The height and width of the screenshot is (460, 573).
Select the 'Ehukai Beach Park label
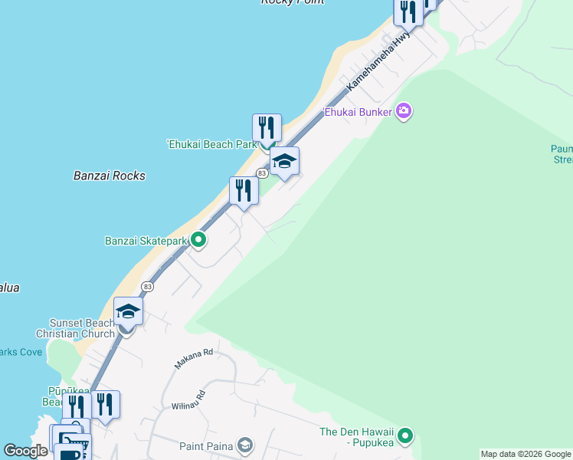click(x=211, y=144)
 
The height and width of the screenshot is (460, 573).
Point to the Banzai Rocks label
click(x=110, y=176)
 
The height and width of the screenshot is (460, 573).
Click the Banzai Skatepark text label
click(x=146, y=241)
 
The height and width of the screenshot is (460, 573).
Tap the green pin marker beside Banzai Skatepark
click(x=198, y=241)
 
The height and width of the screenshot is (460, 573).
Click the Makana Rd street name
click(x=192, y=358)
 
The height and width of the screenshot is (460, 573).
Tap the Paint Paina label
click(x=206, y=445)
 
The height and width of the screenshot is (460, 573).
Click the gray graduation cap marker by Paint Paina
click(x=244, y=445)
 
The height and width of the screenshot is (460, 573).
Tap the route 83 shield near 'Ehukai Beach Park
click(x=262, y=173)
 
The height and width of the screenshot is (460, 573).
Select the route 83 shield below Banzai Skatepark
click(x=148, y=286)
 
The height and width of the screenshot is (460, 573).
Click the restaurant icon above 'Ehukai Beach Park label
click(x=267, y=128)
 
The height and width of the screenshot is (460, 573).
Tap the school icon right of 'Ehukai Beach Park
click(x=284, y=161)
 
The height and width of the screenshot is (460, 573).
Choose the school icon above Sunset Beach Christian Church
click(x=128, y=311)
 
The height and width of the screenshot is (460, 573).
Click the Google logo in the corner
click(x=25, y=451)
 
